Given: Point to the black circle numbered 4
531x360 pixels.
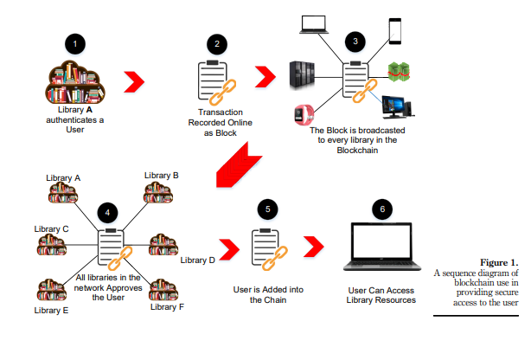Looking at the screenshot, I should click(107, 212).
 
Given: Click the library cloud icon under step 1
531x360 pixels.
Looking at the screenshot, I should click(74, 86).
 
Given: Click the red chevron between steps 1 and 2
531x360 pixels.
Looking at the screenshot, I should click(132, 83).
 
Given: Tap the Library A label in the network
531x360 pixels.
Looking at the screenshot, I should click(63, 177).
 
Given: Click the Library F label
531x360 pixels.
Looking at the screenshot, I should click(167, 306).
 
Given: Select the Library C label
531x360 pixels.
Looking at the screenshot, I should click(52, 228).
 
